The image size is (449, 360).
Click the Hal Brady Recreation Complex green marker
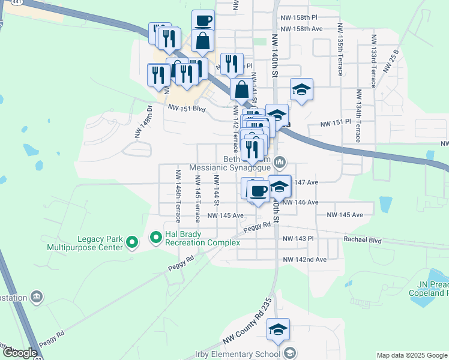click(x=156, y=238)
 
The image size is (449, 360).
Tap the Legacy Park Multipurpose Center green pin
click(x=131, y=242)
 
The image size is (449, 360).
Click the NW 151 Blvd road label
click(x=187, y=108)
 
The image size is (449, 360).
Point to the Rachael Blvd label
click(x=362, y=240)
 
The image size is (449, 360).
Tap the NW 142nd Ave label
click(x=304, y=259)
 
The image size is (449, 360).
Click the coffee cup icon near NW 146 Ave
click(x=258, y=191)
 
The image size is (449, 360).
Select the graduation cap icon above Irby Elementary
click(x=278, y=329)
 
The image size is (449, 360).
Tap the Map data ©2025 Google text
click(x=412, y=355)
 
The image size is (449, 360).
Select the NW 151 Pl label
click(x=334, y=123)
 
